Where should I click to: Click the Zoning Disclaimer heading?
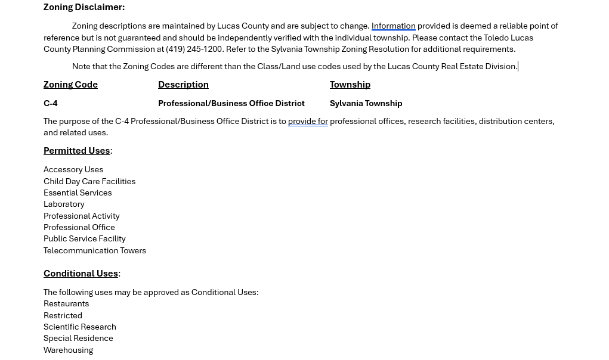[x=84, y=7]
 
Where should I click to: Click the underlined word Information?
[x=393, y=26]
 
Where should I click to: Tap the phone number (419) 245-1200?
[x=194, y=49]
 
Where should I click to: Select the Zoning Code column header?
[x=70, y=85]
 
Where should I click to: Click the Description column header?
[x=183, y=85]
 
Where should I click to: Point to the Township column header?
[x=350, y=85]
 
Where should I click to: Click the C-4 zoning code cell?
[x=51, y=103]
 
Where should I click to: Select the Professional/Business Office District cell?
[x=231, y=103]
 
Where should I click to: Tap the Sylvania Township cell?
[x=366, y=103]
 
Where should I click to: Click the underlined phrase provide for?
[x=308, y=122]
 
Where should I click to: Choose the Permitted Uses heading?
[x=76, y=151]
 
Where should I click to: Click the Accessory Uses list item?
[x=73, y=170]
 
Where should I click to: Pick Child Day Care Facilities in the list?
[x=89, y=181]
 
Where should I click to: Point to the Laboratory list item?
[x=64, y=204]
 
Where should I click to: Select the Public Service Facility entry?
[x=84, y=239]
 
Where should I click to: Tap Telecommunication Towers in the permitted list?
[x=95, y=250]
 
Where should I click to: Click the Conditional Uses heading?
[x=81, y=274]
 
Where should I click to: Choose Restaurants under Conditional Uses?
[x=66, y=304]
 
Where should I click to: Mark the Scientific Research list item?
[x=80, y=327]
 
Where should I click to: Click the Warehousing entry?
[x=68, y=350]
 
